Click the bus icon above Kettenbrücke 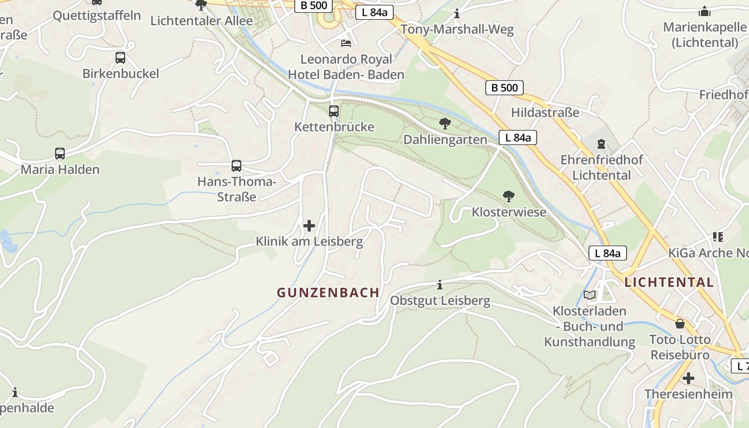click(334, 111)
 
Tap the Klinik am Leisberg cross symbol click(309, 226)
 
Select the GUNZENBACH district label click(328, 293)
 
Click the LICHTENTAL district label click(669, 282)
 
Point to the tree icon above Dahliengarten click(445, 124)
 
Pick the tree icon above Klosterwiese click(508, 196)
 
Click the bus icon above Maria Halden click(60, 154)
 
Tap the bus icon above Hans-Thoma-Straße click(236, 166)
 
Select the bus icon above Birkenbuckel click(120, 58)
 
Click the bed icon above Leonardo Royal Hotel click(346, 43)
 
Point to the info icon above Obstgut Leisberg click(440, 285)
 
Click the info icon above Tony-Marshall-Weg click(457, 13)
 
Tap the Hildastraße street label click(545, 112)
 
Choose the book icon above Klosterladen click(590, 295)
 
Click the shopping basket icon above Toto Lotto click(679, 324)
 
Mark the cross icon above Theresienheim click(689, 379)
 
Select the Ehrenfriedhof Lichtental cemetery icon click(601, 144)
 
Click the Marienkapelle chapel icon click(705, 11)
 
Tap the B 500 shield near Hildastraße click(505, 88)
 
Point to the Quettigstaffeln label click(97, 16)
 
